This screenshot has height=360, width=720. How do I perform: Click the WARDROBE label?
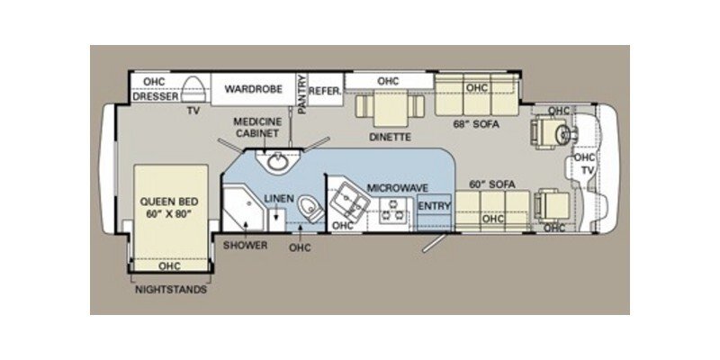click(248, 90)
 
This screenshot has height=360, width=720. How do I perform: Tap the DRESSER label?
click(153, 97)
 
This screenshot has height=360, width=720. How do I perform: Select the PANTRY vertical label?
click(302, 94)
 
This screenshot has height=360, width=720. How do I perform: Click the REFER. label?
click(324, 90)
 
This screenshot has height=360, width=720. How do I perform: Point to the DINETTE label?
click(390, 138)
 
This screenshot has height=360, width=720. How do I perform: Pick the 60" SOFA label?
click(492, 184)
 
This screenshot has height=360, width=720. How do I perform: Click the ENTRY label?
click(434, 204)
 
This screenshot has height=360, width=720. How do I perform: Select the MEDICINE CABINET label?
click(258, 128)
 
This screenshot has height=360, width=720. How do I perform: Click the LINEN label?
click(279, 197)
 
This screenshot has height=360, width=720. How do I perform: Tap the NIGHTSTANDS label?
click(170, 290)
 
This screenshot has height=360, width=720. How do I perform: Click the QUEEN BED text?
click(169, 207)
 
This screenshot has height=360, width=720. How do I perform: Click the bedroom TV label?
click(192, 112)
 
